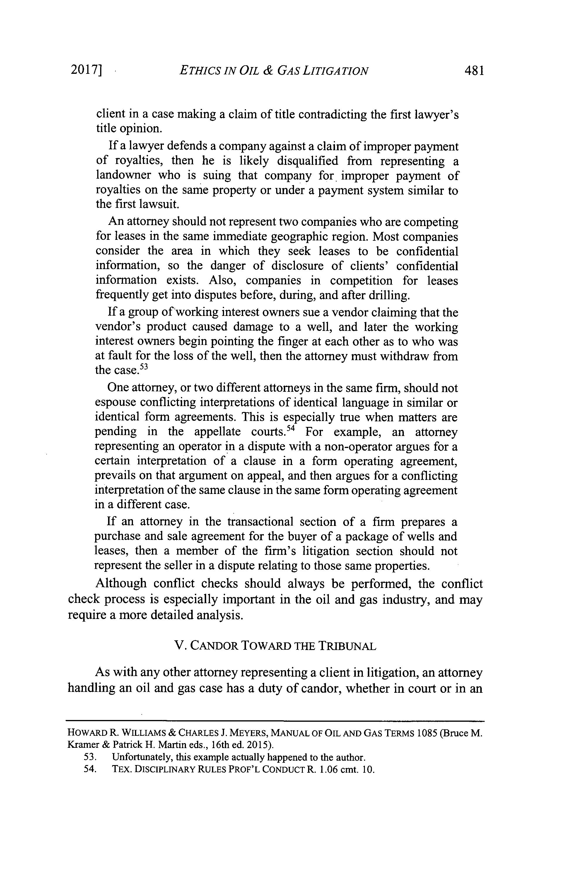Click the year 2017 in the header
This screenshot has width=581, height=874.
pos(84,70)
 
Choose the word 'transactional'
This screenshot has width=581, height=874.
pos(260,522)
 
